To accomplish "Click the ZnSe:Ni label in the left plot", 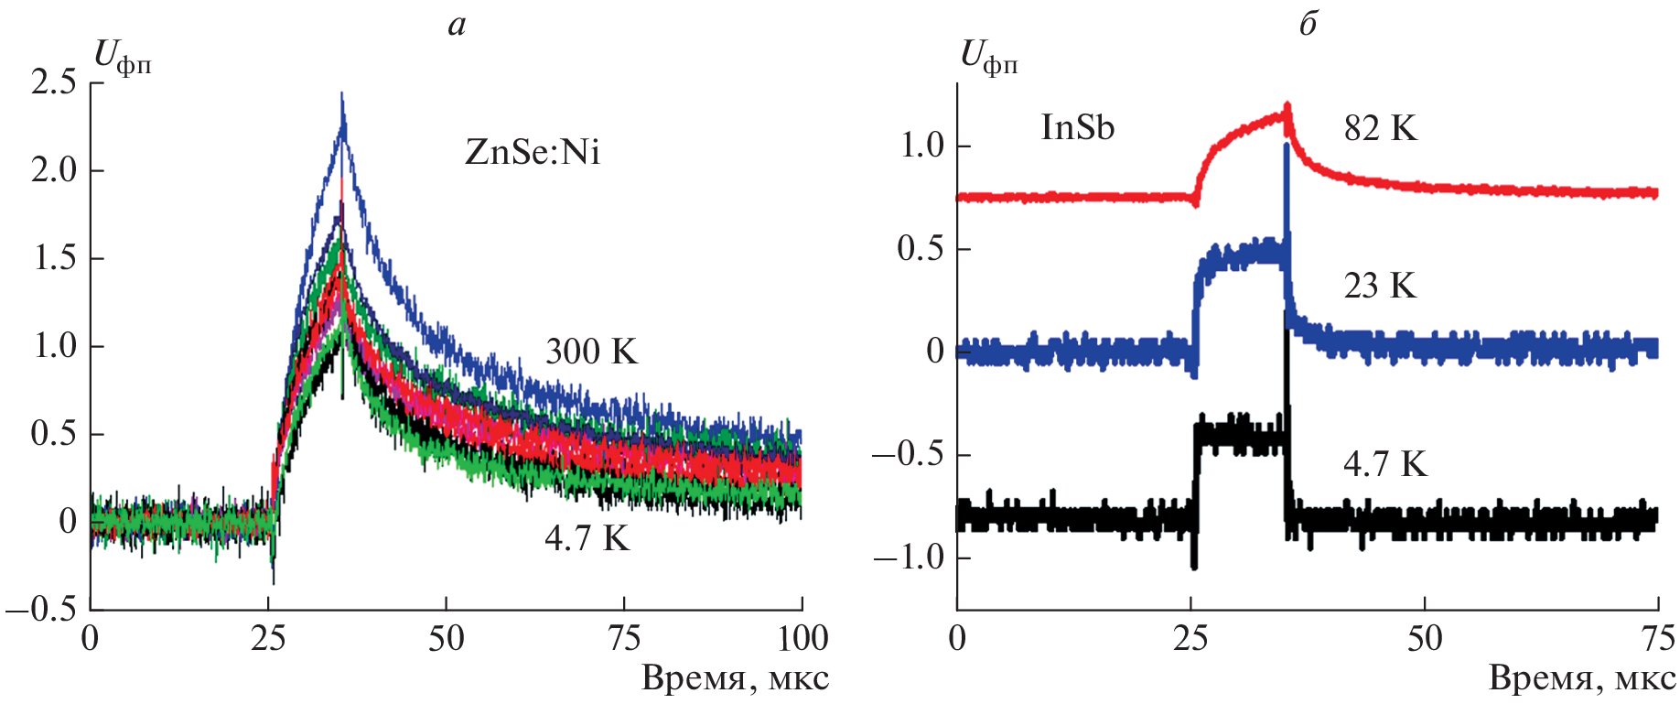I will click(533, 152).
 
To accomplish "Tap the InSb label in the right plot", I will click(1077, 127).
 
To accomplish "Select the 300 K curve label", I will click(591, 352).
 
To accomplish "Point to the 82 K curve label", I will click(1380, 129).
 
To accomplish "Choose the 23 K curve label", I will click(1380, 287).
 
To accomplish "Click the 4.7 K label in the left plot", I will click(587, 538).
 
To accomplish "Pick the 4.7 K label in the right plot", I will click(1384, 464).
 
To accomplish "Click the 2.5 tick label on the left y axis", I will click(54, 83).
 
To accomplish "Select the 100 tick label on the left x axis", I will click(802, 638).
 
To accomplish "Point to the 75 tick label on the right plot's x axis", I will click(1657, 638).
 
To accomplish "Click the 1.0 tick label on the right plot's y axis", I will click(921, 146).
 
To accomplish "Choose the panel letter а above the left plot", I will click(457, 26).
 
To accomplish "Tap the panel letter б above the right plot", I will click(1308, 24).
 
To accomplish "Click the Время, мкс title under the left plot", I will click(735, 679).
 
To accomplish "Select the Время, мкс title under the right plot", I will click(1582, 679).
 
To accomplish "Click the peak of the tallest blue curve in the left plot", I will click(342, 95).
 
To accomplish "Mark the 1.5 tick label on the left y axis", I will click(54, 258).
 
